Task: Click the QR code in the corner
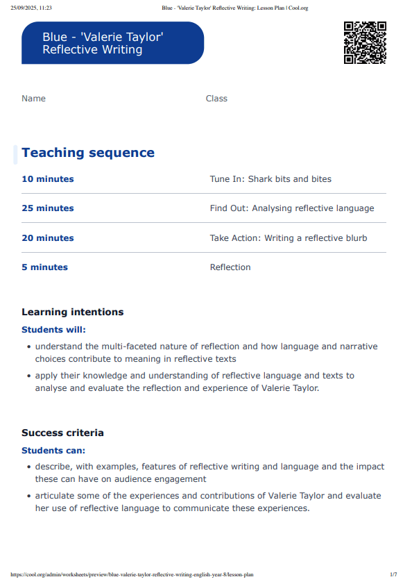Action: [x=365, y=43]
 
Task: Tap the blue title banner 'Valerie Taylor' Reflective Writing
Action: [x=112, y=43]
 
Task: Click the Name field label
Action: [x=33, y=99]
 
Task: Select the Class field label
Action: [x=216, y=99]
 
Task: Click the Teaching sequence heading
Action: [x=88, y=153]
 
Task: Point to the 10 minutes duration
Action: [x=47, y=179]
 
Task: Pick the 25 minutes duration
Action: [x=47, y=208]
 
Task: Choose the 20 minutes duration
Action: [x=47, y=238]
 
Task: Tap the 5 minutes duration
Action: [x=44, y=267]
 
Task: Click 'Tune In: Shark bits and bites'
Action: [x=271, y=179]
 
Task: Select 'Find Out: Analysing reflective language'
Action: [x=292, y=208]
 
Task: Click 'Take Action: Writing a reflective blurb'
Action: [x=289, y=238]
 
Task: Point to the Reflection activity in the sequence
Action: [x=230, y=267]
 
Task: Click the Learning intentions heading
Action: [x=72, y=312]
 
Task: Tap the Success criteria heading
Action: [x=62, y=433]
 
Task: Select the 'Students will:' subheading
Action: [x=53, y=330]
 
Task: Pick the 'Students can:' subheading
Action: [x=53, y=451]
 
